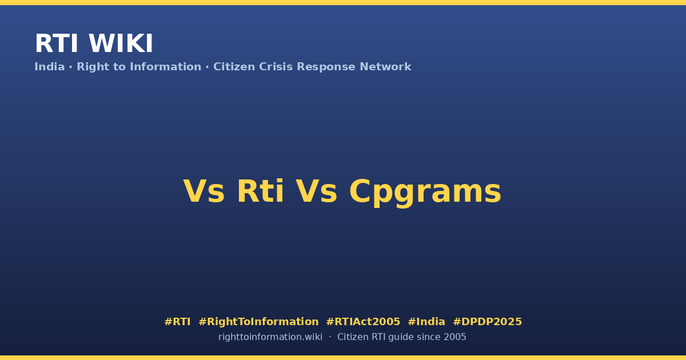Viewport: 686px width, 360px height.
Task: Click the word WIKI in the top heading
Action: click(x=121, y=44)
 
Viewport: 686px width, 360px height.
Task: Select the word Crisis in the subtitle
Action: click(x=276, y=67)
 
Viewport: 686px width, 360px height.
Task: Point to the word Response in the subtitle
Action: click(x=326, y=67)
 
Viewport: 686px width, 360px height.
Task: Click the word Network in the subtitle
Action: click(x=385, y=67)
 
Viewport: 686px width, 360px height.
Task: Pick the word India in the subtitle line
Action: click(x=50, y=67)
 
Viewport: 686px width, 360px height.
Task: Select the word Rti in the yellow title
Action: click(x=261, y=191)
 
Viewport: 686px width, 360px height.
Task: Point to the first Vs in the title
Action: click(x=204, y=191)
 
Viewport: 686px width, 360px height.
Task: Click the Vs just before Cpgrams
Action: click(x=316, y=191)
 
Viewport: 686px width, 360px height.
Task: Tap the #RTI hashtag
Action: click(x=177, y=322)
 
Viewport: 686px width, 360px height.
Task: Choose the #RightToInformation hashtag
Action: click(x=258, y=322)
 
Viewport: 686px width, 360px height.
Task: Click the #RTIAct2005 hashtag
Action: click(x=363, y=322)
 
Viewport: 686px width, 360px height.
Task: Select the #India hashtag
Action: click(x=426, y=322)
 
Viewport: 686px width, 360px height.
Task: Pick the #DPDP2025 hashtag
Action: click(x=487, y=322)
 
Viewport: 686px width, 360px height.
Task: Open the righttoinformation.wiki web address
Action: click(x=270, y=337)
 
